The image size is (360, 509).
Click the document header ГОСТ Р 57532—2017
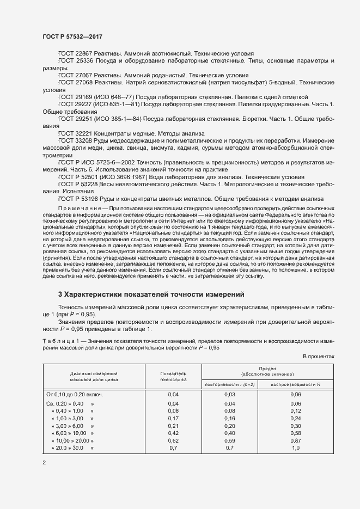point(72,36)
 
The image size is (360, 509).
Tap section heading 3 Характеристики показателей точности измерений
point(150,295)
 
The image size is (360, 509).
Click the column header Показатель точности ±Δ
point(173,376)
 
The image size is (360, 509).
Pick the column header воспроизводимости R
point(295,384)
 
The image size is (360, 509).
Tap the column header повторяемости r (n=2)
point(229,384)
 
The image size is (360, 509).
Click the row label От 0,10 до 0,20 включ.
point(75,394)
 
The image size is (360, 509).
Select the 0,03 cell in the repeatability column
point(229,394)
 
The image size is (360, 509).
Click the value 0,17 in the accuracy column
point(173,418)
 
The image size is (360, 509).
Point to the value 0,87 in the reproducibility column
point(296,440)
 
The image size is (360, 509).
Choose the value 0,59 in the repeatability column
point(229,440)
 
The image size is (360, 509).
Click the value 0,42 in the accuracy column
point(173,433)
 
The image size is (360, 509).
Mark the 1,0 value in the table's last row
point(296,447)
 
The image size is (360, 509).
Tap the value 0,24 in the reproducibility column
point(296,418)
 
